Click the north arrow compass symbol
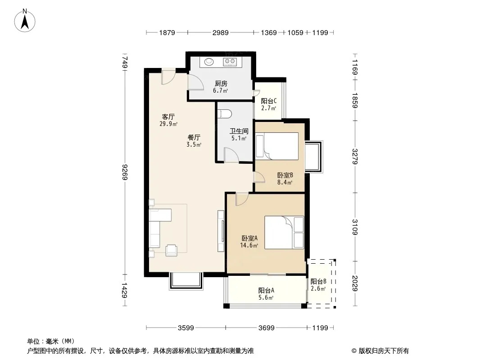(25, 21)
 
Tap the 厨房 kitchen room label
(221, 84)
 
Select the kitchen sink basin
(209, 62)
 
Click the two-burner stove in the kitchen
(230, 62)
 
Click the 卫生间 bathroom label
(239, 131)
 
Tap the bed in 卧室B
(277, 146)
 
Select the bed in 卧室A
(284, 233)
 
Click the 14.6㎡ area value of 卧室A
(249, 245)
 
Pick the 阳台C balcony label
(269, 101)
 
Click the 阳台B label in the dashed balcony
(318, 282)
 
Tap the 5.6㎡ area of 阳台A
(266, 297)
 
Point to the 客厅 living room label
(168, 117)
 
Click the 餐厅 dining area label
(194, 137)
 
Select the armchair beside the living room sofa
(172, 250)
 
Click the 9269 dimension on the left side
(125, 172)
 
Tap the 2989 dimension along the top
(220, 33)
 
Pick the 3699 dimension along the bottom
(266, 328)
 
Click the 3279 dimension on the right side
(355, 156)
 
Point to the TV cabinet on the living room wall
(221, 231)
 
